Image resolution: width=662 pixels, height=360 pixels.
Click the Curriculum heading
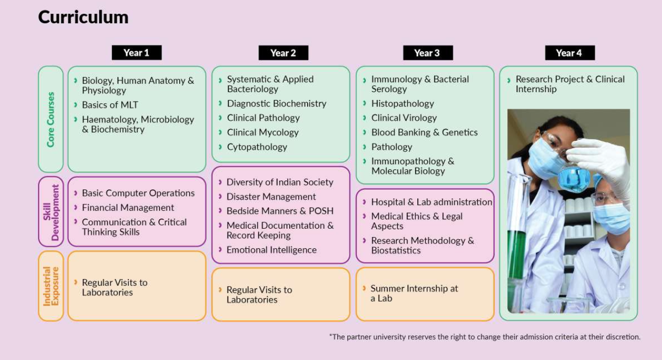tap(83, 17)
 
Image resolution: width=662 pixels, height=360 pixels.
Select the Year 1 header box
tap(137, 53)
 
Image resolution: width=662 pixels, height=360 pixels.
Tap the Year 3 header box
tap(428, 53)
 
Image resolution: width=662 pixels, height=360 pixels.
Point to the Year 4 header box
tap(570, 53)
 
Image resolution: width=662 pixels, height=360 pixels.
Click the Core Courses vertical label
tap(51, 119)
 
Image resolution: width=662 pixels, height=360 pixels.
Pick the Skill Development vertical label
tap(51, 212)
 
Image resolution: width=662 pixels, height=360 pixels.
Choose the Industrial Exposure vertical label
tap(51, 286)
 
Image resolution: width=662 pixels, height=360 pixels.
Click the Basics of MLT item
tap(110, 105)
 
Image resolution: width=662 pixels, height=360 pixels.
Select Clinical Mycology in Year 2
tap(263, 132)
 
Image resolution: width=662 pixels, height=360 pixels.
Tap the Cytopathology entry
tap(257, 147)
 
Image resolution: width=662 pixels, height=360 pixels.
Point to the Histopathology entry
tap(402, 104)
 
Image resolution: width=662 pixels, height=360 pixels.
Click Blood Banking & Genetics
tap(424, 132)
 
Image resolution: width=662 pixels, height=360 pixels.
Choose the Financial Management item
tap(128, 208)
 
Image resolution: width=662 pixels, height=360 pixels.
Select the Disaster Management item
tap(271, 197)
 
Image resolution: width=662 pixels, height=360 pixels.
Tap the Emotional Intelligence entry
tap(272, 250)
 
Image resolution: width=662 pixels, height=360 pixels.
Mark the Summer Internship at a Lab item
tap(414, 293)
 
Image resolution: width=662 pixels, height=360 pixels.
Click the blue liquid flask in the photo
tap(574, 178)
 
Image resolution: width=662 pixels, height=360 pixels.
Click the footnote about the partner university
tap(485, 337)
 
